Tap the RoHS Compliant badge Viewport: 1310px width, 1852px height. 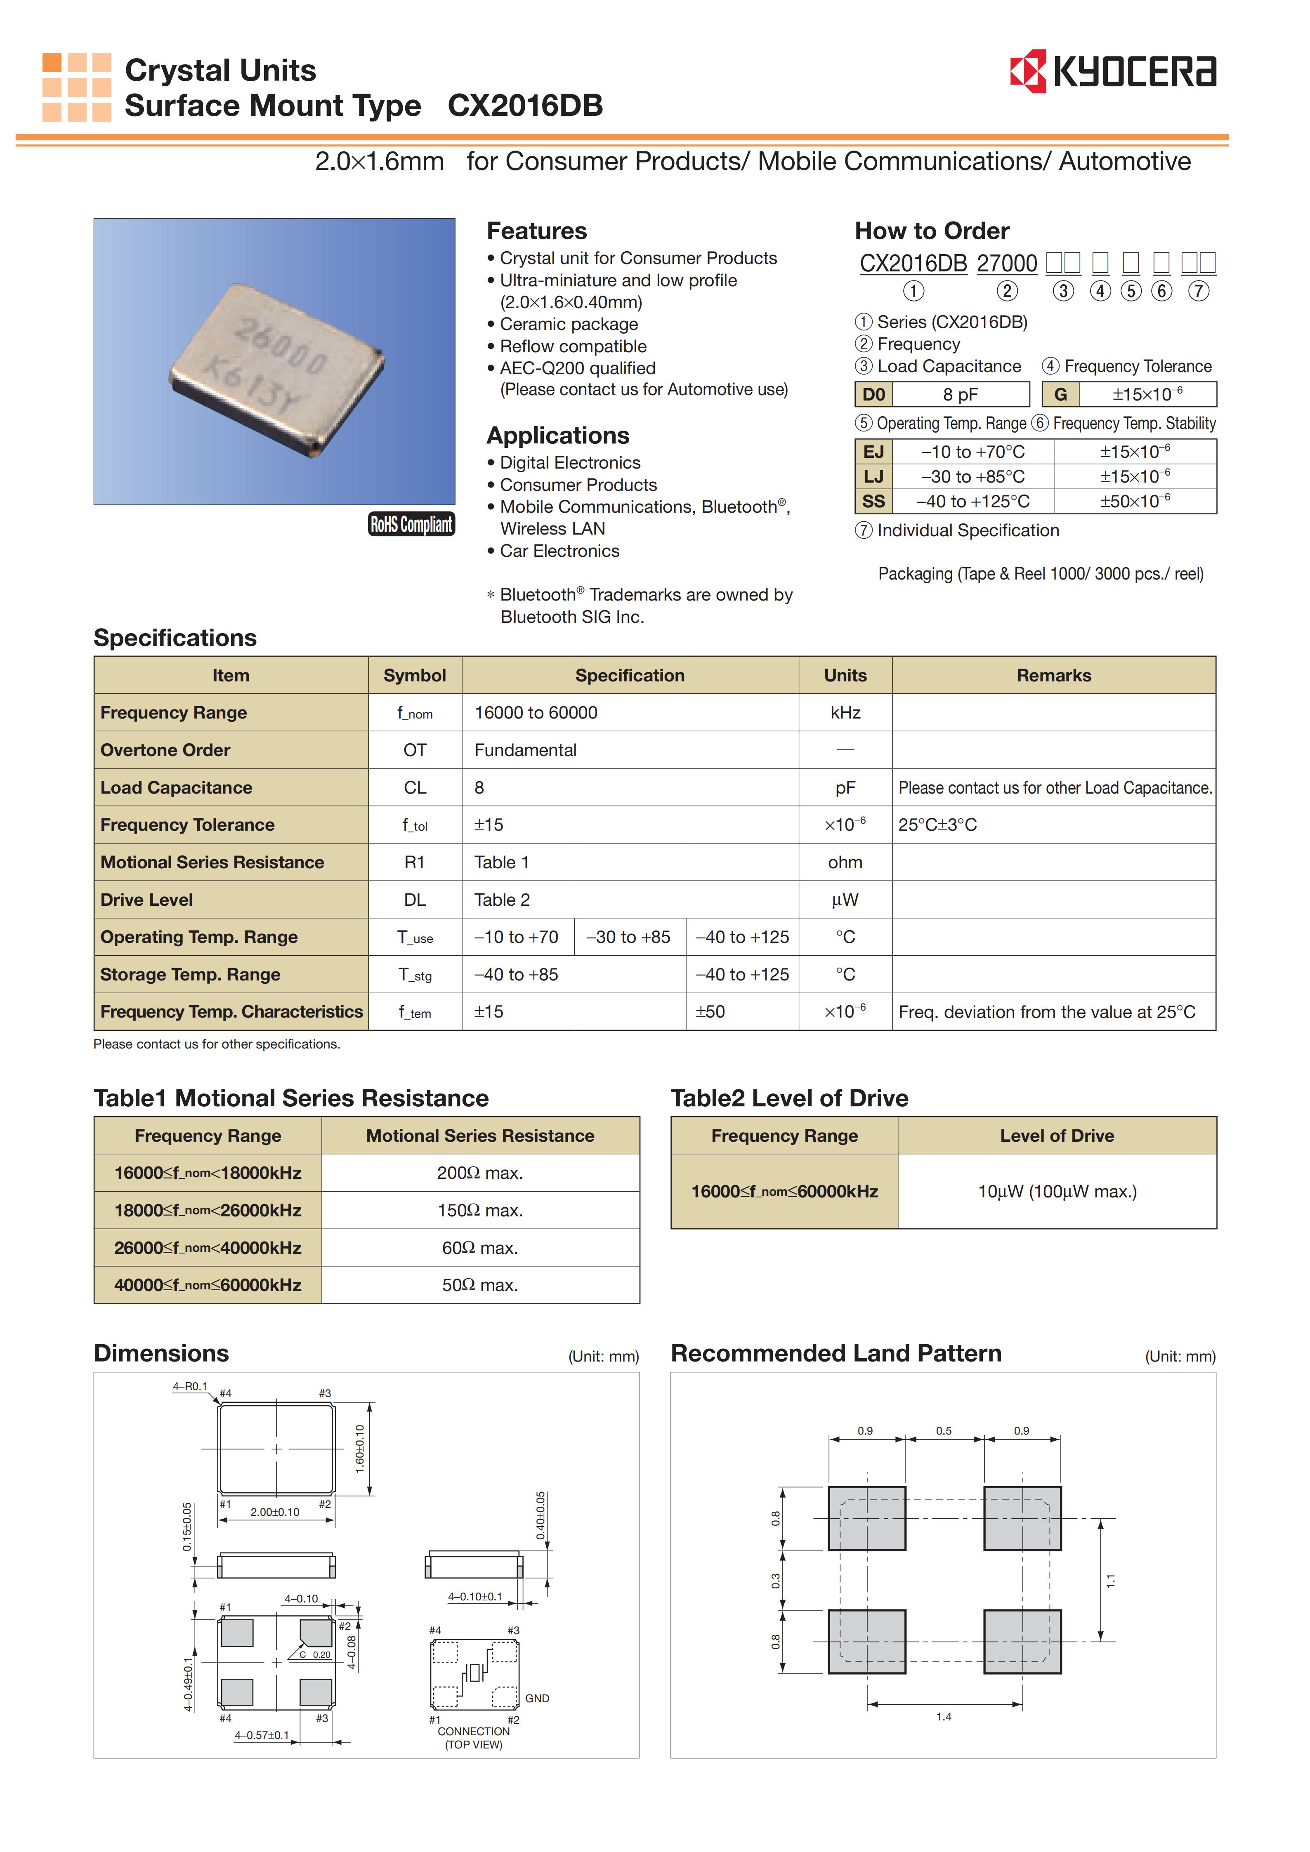pyautogui.click(x=411, y=524)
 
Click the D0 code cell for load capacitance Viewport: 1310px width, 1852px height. pyautogui.click(x=873, y=394)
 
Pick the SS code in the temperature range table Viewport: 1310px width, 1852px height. pyautogui.click(x=873, y=501)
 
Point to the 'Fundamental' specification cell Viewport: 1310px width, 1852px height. pyautogui.click(x=525, y=750)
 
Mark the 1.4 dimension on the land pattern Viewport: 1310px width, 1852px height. pyautogui.click(x=944, y=1716)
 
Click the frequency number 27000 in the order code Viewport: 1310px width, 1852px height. pyautogui.click(x=1007, y=264)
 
